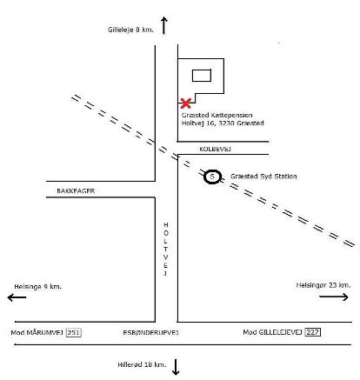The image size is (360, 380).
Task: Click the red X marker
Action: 185,103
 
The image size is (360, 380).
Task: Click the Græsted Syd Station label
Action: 263,177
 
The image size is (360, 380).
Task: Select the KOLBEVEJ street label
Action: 215,149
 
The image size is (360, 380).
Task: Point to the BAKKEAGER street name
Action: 76,191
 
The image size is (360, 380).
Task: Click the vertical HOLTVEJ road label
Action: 166,249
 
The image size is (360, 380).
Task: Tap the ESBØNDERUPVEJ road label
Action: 150,332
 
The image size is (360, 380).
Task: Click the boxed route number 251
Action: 74,332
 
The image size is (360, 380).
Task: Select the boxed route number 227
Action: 313,332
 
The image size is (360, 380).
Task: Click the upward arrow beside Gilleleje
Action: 164,25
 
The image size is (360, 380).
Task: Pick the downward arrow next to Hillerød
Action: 176,367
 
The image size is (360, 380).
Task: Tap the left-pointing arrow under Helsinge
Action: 17,297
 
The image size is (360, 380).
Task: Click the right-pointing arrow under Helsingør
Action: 334,297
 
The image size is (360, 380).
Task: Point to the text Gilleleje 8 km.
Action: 130,30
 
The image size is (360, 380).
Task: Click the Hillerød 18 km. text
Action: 142,364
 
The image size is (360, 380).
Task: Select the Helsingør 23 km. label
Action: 323,285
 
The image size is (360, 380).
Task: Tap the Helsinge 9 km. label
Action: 38,287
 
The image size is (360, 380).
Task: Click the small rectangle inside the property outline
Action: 202,76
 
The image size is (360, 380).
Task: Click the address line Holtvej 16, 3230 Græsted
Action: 223,123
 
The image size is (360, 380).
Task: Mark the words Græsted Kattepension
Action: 217,115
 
